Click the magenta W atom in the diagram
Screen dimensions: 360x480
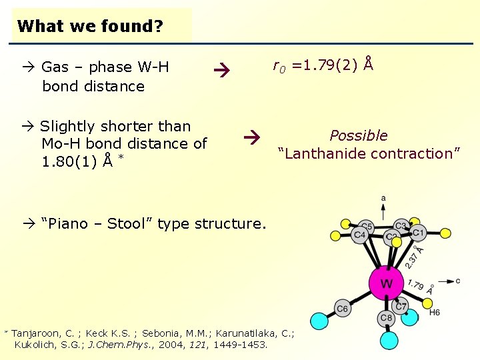(x=386, y=283)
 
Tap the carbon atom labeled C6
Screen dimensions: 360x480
(x=343, y=309)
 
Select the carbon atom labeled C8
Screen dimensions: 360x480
(x=387, y=318)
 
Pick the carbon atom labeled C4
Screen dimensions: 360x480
(x=360, y=235)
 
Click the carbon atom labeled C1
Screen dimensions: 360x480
(x=418, y=233)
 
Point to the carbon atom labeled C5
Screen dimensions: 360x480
(x=366, y=225)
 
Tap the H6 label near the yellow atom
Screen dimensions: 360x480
(x=435, y=312)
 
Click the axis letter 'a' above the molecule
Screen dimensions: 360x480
(x=383, y=197)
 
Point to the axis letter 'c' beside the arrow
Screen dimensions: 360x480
(x=458, y=281)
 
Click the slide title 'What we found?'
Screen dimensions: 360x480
(x=89, y=27)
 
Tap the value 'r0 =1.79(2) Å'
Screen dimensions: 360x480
(x=323, y=65)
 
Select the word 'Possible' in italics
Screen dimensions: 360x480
(x=359, y=136)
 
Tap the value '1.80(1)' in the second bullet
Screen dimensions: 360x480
(x=67, y=161)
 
